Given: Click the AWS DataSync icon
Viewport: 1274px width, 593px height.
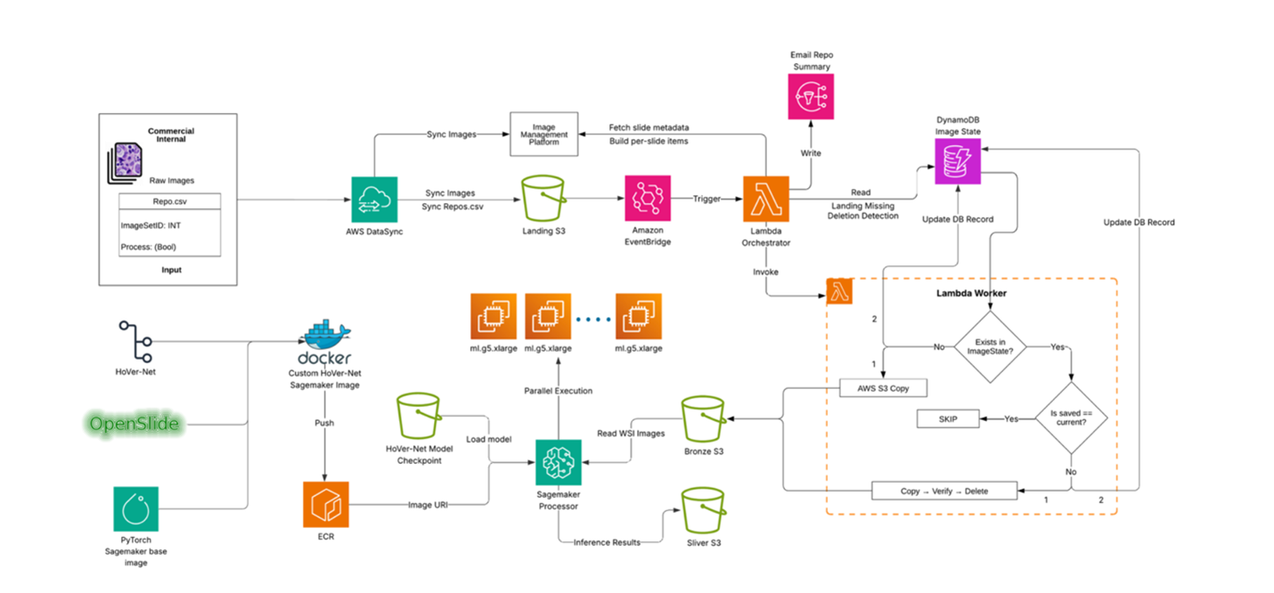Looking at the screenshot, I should tap(374, 199).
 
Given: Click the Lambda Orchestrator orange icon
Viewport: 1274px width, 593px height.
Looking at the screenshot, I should tap(766, 199).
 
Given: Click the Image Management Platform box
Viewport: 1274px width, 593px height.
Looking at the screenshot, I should tap(543, 135).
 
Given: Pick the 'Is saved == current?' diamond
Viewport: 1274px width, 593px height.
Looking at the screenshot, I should tap(1071, 418).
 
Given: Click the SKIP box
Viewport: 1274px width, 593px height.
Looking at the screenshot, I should tap(947, 418).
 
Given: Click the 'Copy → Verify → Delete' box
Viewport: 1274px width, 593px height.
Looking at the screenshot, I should tap(943, 491).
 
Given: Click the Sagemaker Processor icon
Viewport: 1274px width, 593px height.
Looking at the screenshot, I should tap(559, 462).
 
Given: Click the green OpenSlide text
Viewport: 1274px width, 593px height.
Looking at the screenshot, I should tap(135, 425).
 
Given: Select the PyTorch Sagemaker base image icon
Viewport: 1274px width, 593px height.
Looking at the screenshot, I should tap(136, 509).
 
